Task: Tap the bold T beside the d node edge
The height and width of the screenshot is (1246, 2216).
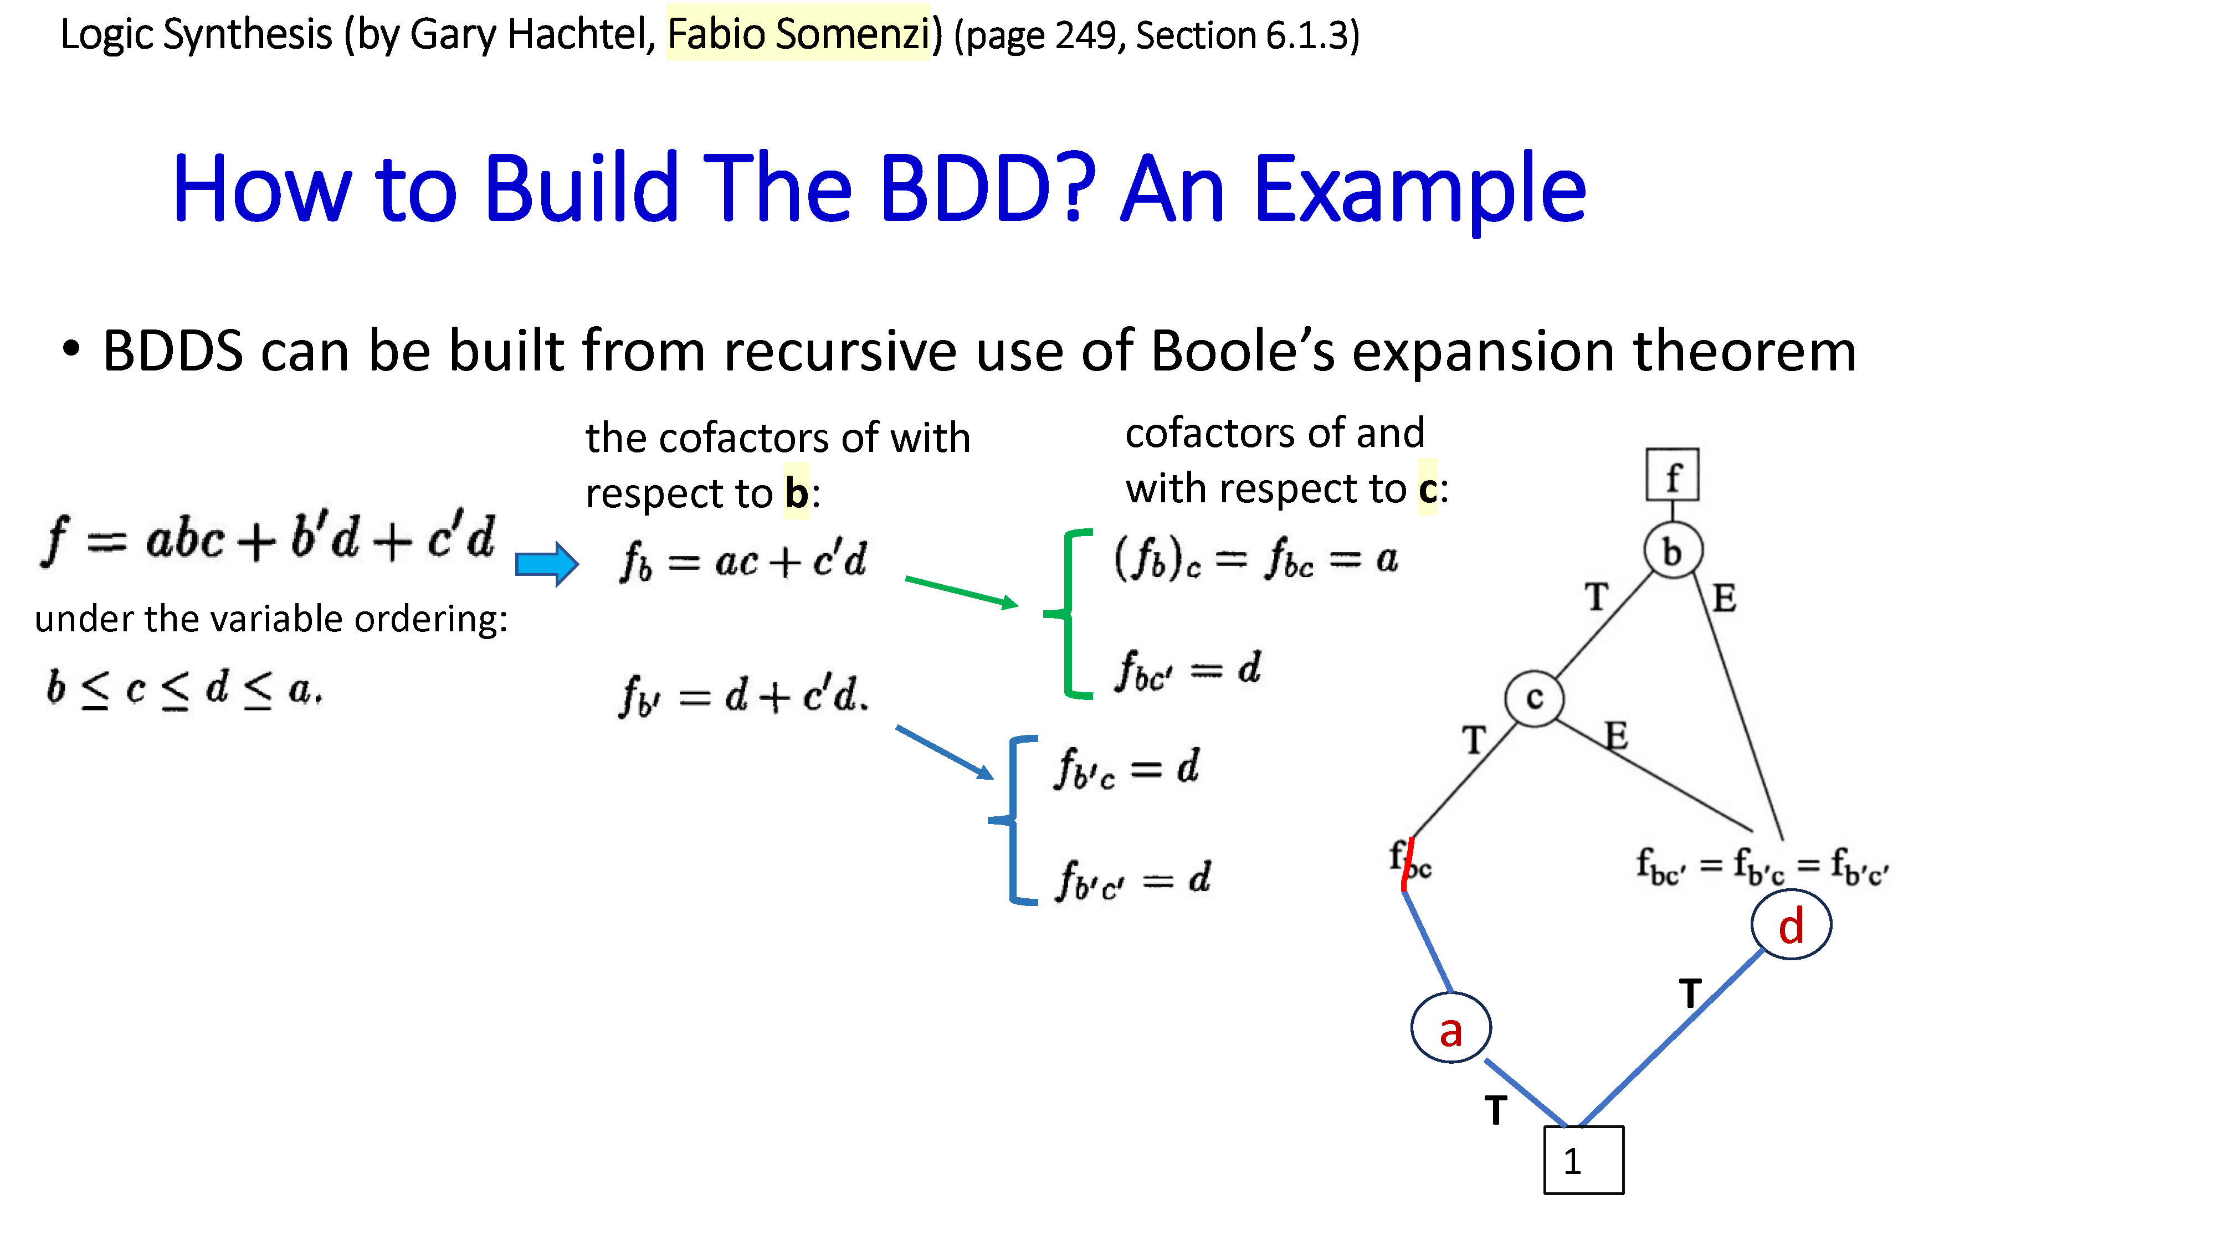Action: pyautogui.click(x=1690, y=993)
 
